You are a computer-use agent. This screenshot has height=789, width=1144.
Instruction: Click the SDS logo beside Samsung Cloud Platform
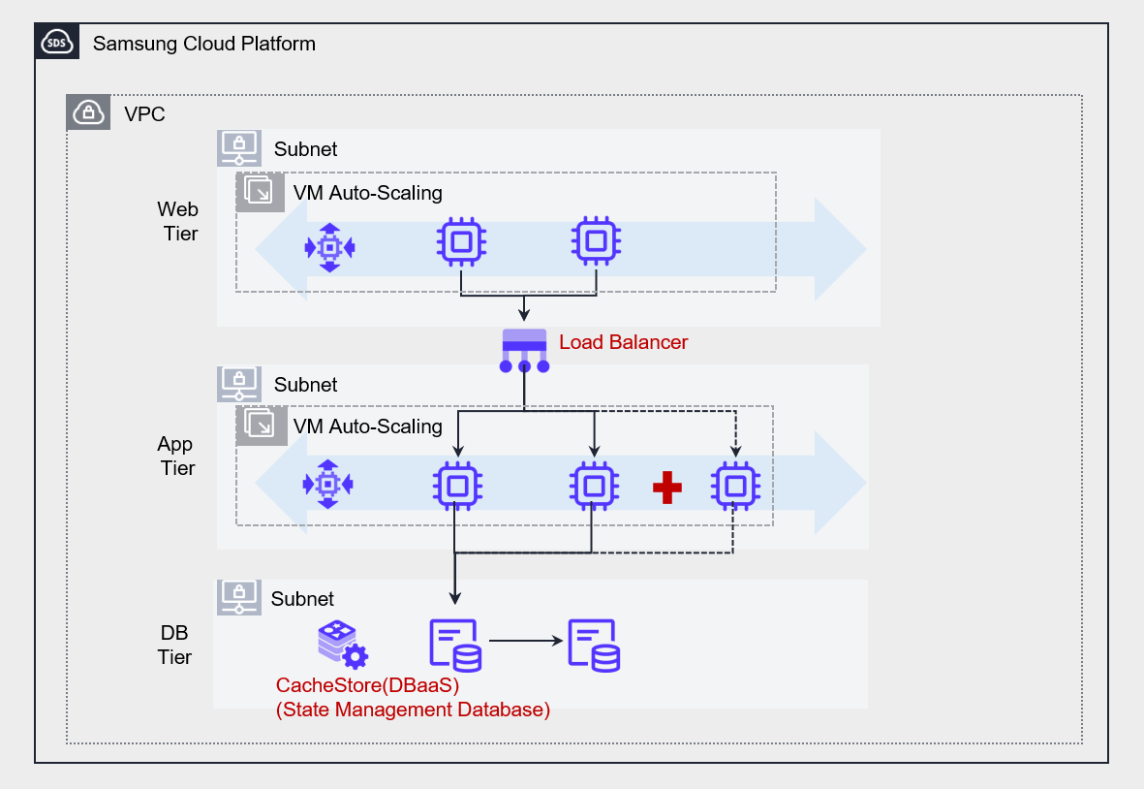pos(57,44)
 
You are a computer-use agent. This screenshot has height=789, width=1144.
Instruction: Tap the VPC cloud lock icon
pos(88,113)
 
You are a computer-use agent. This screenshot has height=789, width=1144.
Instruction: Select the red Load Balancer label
pos(624,342)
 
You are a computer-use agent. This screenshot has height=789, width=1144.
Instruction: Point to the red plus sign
pos(666,487)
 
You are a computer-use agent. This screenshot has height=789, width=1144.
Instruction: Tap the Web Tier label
pos(178,221)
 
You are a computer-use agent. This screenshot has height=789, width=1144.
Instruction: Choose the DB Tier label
pos(175,645)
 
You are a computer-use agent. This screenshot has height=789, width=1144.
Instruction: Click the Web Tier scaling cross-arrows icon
pos(330,247)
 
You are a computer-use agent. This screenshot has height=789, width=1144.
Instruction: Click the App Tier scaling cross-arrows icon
pos(328,484)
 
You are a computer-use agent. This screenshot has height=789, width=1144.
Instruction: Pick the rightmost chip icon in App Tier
pos(735,485)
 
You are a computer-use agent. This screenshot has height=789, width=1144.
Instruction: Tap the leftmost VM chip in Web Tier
pos(461,240)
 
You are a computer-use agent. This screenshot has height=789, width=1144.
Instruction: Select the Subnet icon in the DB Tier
pos(237,597)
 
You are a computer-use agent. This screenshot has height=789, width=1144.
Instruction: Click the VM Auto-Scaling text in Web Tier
pos(368,192)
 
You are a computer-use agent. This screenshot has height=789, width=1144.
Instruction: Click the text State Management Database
pos(413,710)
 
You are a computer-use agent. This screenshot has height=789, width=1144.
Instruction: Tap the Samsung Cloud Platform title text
pos(204,44)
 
